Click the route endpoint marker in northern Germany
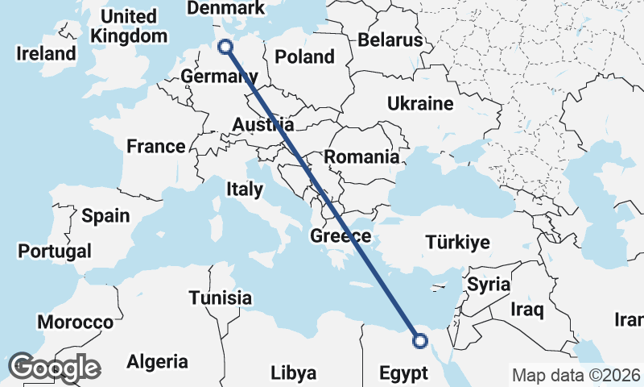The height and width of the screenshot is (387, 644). click(226, 47)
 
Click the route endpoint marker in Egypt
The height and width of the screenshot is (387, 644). click(419, 341)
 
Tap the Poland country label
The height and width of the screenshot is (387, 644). click(304, 57)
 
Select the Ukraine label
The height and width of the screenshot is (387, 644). click(420, 104)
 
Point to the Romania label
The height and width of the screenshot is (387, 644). click(362, 157)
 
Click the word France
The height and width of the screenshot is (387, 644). click(156, 147)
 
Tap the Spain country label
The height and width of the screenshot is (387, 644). click(105, 215)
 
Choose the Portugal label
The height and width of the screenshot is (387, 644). click(55, 251)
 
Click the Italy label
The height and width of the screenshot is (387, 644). click(245, 189)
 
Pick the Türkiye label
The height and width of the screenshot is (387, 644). click(458, 242)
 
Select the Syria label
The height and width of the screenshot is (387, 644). click(489, 284)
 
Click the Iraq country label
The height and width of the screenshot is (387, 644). click(527, 309)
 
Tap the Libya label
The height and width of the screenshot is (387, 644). click(293, 373)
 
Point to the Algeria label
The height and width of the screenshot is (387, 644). click(158, 362)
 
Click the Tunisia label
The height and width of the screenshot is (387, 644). click(221, 298)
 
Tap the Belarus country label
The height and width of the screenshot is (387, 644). click(390, 40)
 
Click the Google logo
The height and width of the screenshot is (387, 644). click(54, 368)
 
